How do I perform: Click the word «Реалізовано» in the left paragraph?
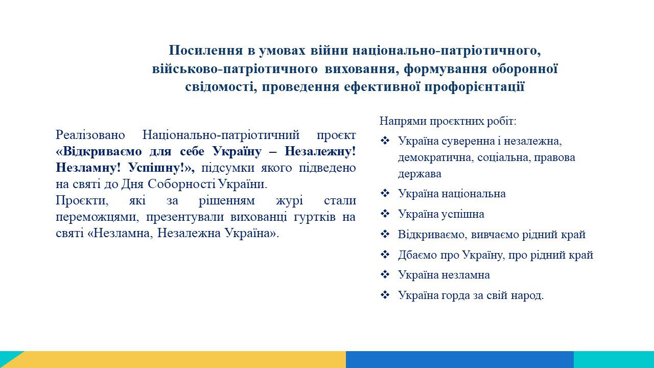click(x=90, y=135)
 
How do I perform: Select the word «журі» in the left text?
click(x=289, y=201)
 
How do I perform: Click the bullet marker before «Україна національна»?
click(x=385, y=193)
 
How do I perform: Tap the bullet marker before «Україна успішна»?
click(x=385, y=214)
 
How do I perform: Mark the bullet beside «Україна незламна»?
click(x=385, y=274)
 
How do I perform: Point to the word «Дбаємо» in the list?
click(x=417, y=255)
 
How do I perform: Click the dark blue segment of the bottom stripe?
click(x=460, y=359)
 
